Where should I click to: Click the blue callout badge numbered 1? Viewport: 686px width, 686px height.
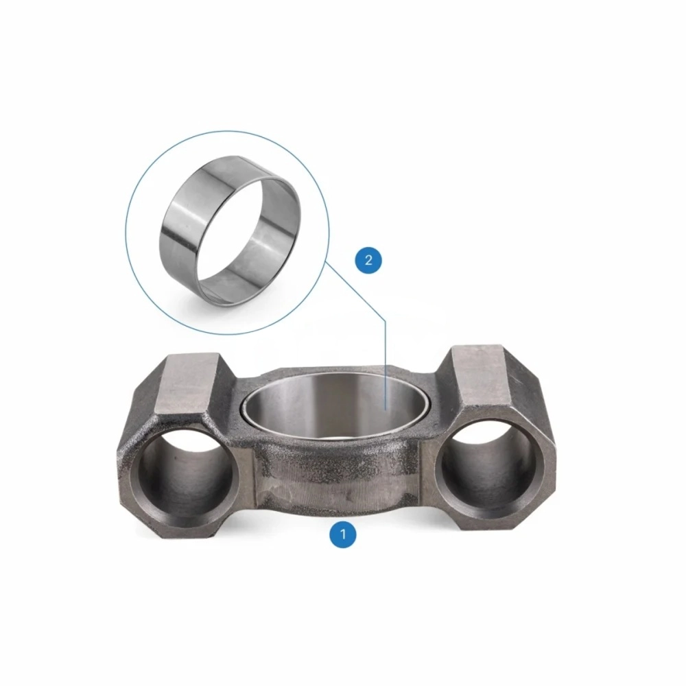click(x=343, y=534)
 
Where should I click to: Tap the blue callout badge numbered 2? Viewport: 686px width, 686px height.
click(x=368, y=260)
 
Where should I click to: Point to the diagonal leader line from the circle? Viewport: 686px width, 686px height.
click(x=355, y=292)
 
